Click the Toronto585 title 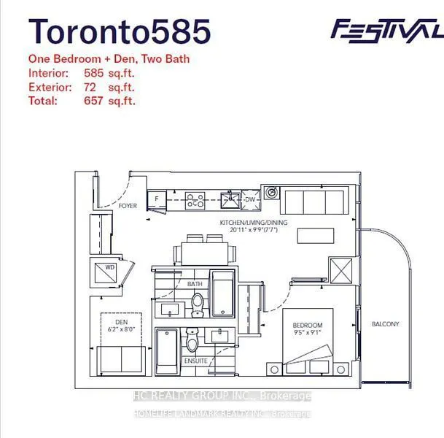tap(120, 31)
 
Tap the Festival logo tap(386, 29)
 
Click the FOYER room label tap(128, 206)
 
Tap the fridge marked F tap(156, 198)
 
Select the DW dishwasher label tap(249, 199)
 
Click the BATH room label tap(195, 284)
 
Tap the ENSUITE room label tap(196, 361)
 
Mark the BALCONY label tap(385, 324)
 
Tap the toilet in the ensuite tap(192, 340)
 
